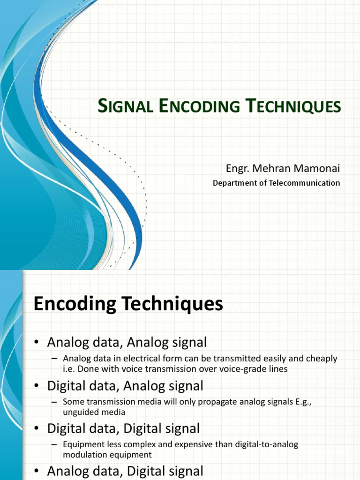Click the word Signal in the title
click(x=126, y=106)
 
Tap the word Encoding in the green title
click(x=195, y=106)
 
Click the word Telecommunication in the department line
click(x=304, y=183)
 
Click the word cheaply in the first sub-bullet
click(x=322, y=359)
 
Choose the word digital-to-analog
click(x=265, y=444)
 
